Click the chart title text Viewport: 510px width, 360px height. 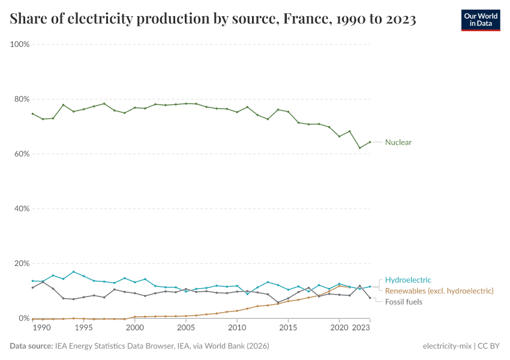pos(213,19)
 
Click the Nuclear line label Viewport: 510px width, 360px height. pos(398,142)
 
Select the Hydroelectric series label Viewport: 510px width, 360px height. pos(408,280)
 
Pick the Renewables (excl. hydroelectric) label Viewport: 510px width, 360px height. pos(439,290)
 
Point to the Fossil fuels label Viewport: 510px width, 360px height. pos(403,302)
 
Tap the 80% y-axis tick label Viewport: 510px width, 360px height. pos(22,99)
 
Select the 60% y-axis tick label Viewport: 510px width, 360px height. pos(22,154)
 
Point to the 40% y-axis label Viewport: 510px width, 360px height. pos(22,209)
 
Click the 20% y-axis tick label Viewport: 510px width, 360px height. pos(22,263)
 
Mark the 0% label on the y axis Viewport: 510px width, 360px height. pos(24,318)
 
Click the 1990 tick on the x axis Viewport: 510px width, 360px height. pos(41,328)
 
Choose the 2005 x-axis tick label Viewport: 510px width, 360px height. pos(186,328)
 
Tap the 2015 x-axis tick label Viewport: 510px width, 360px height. pos(289,328)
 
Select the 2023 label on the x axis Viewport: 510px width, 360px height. pos(360,328)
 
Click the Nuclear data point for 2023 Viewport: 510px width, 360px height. pos(370,142)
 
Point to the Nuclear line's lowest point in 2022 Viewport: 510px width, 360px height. pos(360,148)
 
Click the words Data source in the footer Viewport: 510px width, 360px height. pos(31,346)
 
